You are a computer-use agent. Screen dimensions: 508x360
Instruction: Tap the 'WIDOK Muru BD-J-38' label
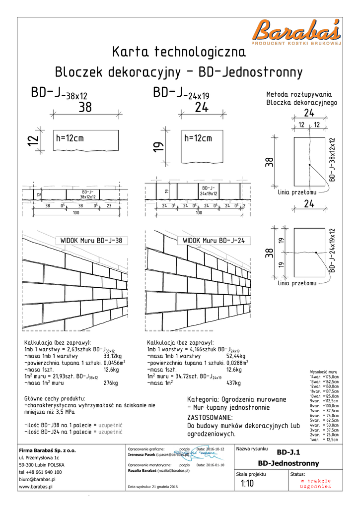(91, 241)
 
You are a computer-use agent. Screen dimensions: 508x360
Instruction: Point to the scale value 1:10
(247, 484)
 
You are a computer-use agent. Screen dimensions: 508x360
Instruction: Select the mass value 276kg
(110, 383)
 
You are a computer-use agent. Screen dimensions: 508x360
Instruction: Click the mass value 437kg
(233, 383)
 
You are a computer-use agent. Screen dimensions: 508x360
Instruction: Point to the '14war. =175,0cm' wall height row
(324, 377)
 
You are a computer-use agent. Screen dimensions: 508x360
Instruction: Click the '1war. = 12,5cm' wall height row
(324, 440)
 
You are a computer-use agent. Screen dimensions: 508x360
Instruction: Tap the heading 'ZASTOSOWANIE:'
(210, 417)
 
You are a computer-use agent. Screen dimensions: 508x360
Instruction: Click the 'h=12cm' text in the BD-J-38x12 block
(70, 138)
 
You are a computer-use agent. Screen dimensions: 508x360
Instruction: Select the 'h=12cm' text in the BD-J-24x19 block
(198, 138)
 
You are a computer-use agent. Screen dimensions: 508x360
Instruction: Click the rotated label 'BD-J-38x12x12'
(332, 159)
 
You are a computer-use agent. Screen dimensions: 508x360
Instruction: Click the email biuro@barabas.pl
(37, 480)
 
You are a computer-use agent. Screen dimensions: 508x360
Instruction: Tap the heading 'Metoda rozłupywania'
(299, 94)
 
